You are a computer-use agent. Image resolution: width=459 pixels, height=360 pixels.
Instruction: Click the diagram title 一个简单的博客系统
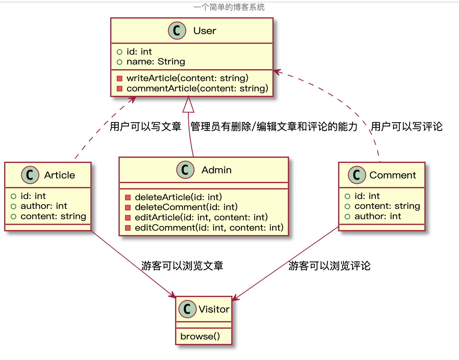click(x=229, y=7)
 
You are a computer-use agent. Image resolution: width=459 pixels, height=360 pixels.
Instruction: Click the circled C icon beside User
click(x=178, y=31)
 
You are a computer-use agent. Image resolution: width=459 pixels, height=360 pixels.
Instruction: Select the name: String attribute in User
click(x=156, y=62)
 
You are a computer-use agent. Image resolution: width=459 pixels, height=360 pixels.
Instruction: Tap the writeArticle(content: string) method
click(x=187, y=78)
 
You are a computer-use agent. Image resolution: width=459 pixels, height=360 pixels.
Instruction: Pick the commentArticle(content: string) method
click(x=197, y=88)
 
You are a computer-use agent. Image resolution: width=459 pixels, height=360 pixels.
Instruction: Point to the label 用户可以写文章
click(x=145, y=127)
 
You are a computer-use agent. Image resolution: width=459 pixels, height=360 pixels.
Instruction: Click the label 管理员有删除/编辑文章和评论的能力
click(x=274, y=127)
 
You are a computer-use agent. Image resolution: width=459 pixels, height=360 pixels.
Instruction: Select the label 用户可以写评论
click(x=407, y=127)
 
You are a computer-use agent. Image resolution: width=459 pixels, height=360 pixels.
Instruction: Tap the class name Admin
click(x=216, y=170)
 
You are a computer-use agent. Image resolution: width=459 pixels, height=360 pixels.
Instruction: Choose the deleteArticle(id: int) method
click(x=178, y=197)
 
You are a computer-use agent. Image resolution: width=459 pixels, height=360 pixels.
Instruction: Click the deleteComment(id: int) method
click(x=186, y=207)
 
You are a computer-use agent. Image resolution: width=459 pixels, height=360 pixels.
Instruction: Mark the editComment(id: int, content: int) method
click(x=209, y=227)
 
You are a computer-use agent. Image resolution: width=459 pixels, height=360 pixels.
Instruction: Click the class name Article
click(x=59, y=175)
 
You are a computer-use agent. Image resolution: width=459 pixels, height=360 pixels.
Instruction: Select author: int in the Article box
click(x=44, y=206)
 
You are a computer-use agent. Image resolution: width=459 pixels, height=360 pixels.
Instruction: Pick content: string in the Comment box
click(x=387, y=206)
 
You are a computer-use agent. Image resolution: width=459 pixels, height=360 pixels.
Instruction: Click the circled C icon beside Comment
click(x=357, y=175)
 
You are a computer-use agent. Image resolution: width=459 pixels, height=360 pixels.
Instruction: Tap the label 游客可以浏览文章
click(x=182, y=266)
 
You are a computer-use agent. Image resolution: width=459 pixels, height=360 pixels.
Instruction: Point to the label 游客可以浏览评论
click(x=329, y=266)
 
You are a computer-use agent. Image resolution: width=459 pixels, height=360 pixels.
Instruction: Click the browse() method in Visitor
click(x=200, y=337)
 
